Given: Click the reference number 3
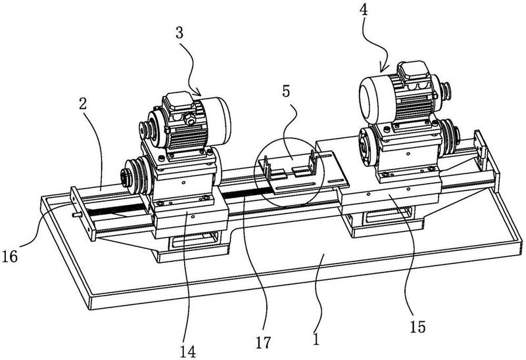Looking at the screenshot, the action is point(179,34).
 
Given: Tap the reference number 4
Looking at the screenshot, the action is point(364,10).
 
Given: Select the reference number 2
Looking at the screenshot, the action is point(83,104).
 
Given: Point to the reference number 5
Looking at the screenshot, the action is point(286,91).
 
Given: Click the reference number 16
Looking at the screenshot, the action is point(10,257).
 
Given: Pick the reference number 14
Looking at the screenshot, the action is point(187,351).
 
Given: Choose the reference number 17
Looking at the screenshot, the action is point(262,342).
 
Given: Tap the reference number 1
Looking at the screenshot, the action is point(316,338).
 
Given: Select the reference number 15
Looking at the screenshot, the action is point(418,326).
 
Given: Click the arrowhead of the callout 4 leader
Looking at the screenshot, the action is point(381,70).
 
